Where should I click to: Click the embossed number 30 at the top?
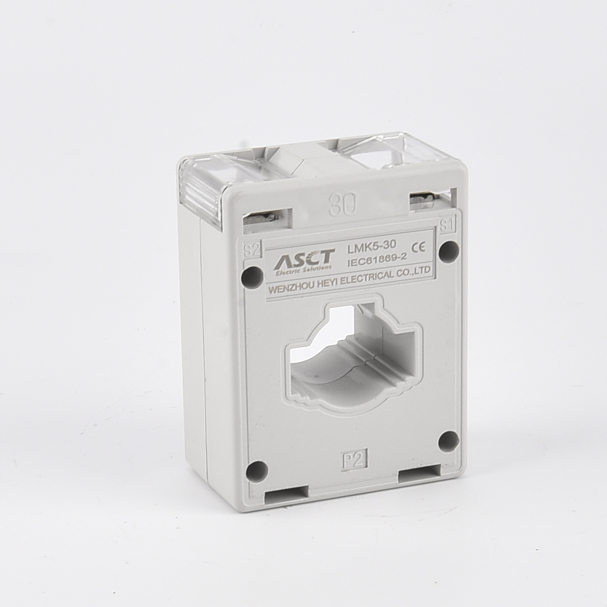342,205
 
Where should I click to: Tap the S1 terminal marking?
447,225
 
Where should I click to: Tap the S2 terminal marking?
252,251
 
